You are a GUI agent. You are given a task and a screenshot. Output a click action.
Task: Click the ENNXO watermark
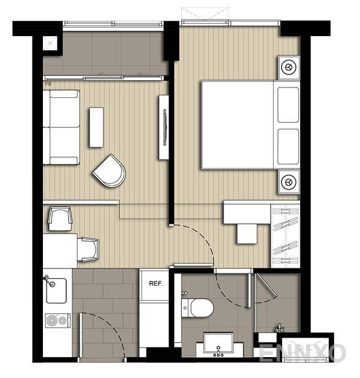tap(302, 354)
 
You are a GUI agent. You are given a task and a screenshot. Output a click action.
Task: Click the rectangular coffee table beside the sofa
tap(96, 127)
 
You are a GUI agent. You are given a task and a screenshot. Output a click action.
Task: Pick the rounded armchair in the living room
tap(110, 171)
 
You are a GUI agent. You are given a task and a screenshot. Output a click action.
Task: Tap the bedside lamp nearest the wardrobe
tap(288, 181)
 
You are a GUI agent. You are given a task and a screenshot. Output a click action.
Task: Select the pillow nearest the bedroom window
tap(288, 104)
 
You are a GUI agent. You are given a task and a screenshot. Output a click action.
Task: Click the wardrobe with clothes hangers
tap(286, 233)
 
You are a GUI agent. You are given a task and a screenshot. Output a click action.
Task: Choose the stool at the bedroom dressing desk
tap(248, 232)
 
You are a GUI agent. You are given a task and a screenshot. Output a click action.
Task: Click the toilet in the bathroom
tap(198, 308)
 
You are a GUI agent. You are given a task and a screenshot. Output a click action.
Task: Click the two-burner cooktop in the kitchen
tap(58, 320)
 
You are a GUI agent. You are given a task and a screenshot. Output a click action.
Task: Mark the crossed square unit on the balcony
tap(49, 43)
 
